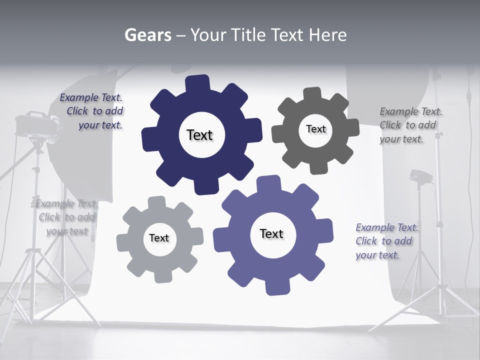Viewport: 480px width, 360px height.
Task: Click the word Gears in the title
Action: tap(148, 35)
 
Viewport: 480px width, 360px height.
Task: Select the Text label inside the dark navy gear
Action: tap(199, 135)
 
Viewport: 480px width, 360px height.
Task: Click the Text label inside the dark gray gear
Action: tap(315, 129)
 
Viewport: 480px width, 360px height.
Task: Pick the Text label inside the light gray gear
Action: tap(158, 238)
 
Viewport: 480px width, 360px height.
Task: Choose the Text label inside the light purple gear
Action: tap(271, 234)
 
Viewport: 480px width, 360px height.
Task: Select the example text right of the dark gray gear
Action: tap(410, 125)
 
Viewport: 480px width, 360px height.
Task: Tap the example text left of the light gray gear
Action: tap(67, 217)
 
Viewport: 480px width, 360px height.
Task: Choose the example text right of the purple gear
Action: tap(386, 241)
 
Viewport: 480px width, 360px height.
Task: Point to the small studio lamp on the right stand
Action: tap(420, 176)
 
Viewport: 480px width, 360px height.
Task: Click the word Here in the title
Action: tap(328, 35)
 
